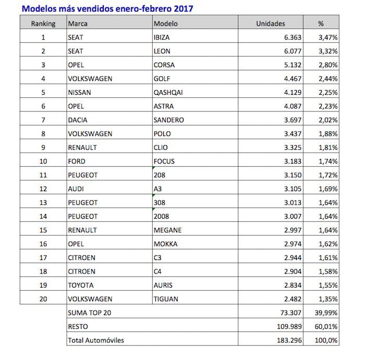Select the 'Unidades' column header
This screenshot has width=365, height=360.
pyautogui.click(x=270, y=23)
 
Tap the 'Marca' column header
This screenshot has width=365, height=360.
pyautogui.click(x=78, y=23)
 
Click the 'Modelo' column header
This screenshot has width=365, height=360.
pyautogui.click(x=166, y=23)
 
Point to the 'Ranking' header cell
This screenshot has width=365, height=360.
pyautogui.click(x=43, y=23)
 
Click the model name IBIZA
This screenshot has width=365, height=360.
pyautogui.click(x=162, y=38)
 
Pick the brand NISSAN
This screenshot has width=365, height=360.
pyautogui.click(x=80, y=92)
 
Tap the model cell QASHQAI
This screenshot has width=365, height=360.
pyautogui.click(x=168, y=92)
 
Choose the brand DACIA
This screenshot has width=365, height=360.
pyautogui.click(x=78, y=120)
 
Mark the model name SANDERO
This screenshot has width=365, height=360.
pyautogui.click(x=168, y=120)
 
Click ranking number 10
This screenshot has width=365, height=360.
pyautogui.click(x=43, y=161)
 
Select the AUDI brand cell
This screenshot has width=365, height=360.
pyautogui.click(x=76, y=189)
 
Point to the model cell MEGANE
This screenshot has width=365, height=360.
pyautogui.click(x=167, y=230)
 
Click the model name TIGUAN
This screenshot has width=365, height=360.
pyautogui.click(x=166, y=299)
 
